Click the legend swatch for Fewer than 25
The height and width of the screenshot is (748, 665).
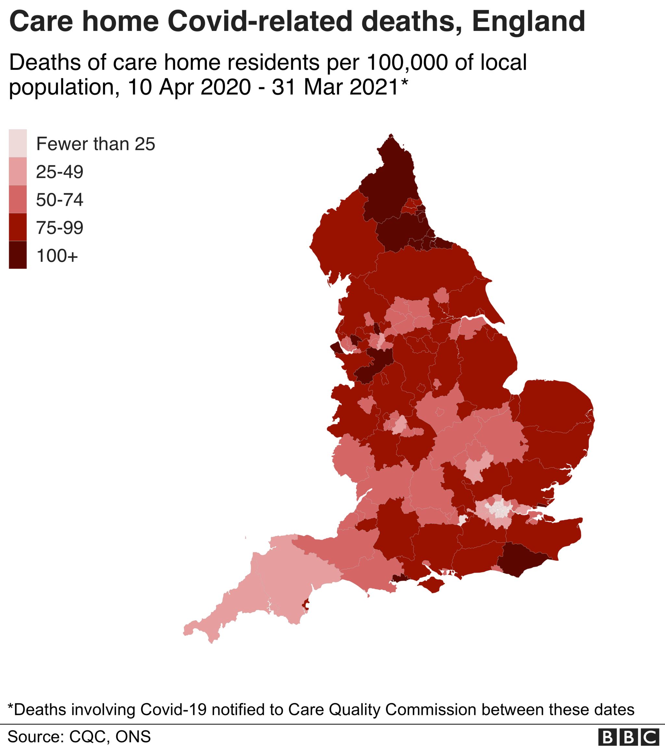point(18,143)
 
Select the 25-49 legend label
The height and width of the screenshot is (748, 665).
point(60,172)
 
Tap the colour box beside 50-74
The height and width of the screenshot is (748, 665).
point(18,199)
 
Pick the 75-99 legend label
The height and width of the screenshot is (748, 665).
point(60,228)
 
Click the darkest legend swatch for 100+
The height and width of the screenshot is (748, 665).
point(18,255)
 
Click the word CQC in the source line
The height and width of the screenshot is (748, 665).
point(89,736)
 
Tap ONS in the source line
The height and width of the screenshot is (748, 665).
point(133,736)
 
